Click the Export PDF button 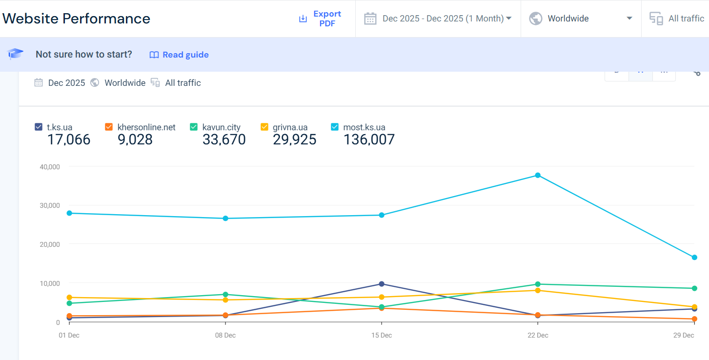click(x=320, y=19)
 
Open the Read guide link click(x=179, y=55)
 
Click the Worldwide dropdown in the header click(x=581, y=19)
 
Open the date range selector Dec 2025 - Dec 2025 click(x=437, y=19)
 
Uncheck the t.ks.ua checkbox click(x=39, y=127)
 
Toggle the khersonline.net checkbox click(x=109, y=127)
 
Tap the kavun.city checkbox click(x=194, y=127)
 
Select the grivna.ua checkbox click(x=264, y=127)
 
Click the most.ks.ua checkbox click(x=335, y=127)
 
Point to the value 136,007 click(x=369, y=140)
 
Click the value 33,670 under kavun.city click(x=224, y=140)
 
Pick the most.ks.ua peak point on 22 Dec click(x=538, y=175)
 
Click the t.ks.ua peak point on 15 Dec click(x=382, y=284)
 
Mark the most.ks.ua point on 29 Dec click(x=694, y=258)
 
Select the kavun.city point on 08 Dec click(x=225, y=295)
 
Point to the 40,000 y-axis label click(x=50, y=167)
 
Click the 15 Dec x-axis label click(x=382, y=335)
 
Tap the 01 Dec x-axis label click(x=69, y=335)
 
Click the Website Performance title click(x=76, y=19)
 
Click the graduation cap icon click(x=15, y=54)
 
